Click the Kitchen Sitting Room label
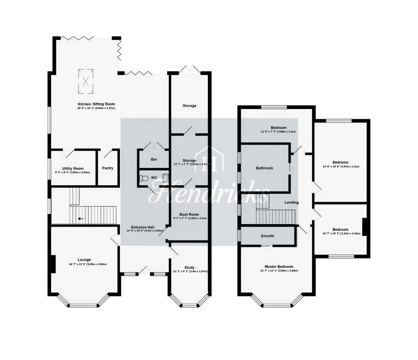96,104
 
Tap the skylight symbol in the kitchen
86,81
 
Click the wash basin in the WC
166,178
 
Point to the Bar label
154,159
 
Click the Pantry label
108,168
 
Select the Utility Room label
73,169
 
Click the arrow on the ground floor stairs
81,219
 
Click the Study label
190,267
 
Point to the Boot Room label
189,214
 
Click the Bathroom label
264,168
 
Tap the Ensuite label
268,236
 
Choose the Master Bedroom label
279,267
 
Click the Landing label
291,203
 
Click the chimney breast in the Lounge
53,264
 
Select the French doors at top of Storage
189,69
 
